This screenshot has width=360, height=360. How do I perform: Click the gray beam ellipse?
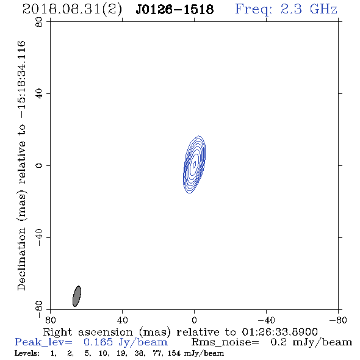click(77, 296)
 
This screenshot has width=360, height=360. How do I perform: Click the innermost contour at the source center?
click(195, 164)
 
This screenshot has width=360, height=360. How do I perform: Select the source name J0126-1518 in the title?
click(175, 10)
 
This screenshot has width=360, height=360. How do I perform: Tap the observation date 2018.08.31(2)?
click(72, 10)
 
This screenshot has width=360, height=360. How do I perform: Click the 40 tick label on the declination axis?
click(39, 94)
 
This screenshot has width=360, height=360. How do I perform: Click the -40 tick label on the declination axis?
click(39, 237)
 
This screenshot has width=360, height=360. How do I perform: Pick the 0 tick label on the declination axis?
click(39, 165)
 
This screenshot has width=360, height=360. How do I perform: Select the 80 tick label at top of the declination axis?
click(39, 22)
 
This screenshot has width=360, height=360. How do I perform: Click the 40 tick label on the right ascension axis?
click(122, 320)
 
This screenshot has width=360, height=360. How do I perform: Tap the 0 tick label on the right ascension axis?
click(194, 320)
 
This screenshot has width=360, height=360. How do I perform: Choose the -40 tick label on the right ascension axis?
click(266, 320)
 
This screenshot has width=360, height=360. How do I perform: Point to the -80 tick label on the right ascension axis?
click(338, 320)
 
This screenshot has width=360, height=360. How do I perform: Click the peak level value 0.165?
click(98, 342)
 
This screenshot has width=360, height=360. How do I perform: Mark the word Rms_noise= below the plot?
click(225, 342)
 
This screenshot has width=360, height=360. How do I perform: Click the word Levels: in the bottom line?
click(27, 353)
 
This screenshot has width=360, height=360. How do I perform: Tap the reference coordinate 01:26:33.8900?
click(279, 332)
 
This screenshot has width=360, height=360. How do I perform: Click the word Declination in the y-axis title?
click(21, 259)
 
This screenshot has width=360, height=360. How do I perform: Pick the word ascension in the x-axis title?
click(106, 332)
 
